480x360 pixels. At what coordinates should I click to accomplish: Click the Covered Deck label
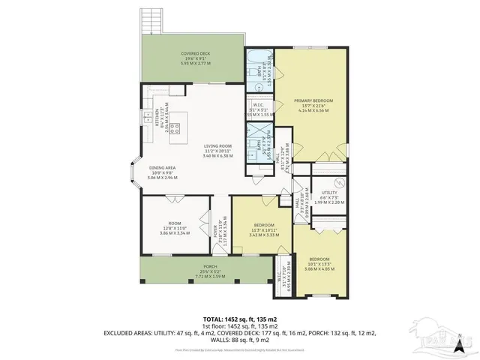195,58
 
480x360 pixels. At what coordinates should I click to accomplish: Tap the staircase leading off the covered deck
151,18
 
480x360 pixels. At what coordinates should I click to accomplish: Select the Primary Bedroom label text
313,103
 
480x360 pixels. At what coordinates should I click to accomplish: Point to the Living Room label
218,150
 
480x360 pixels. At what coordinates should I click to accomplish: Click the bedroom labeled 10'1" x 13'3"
319,263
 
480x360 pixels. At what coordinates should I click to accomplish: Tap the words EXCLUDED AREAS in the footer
132,332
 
